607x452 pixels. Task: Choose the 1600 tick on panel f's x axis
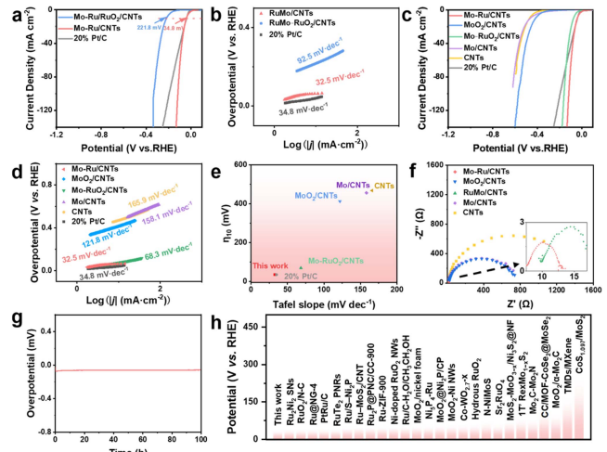tap(591, 290)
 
